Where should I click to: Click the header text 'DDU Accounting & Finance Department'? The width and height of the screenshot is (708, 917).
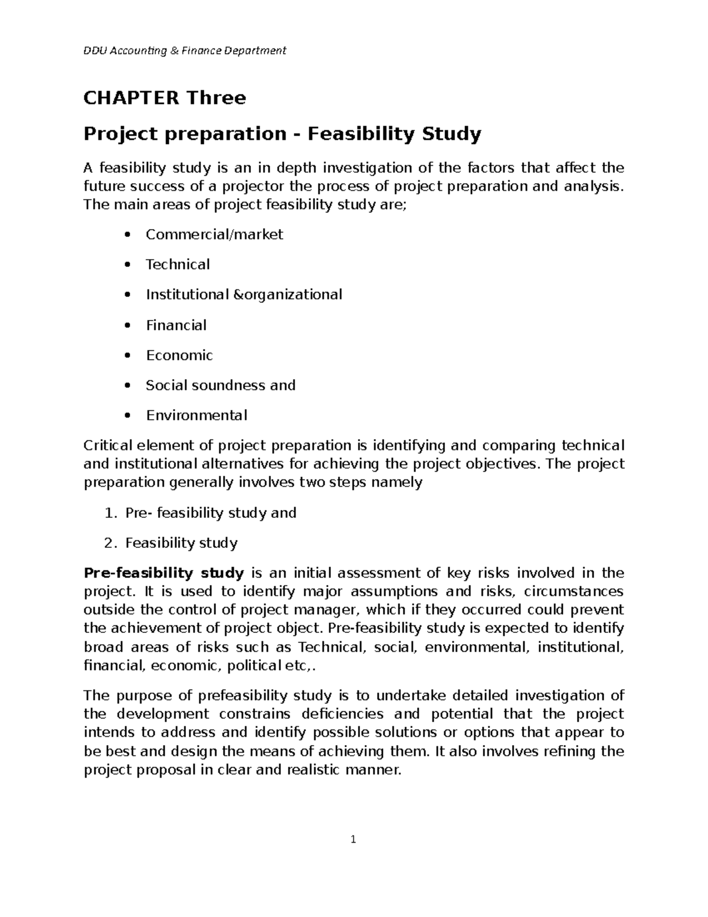[x=185, y=51]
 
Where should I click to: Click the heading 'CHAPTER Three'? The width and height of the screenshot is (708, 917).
[x=165, y=97]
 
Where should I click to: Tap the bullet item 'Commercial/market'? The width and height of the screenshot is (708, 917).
[x=214, y=234]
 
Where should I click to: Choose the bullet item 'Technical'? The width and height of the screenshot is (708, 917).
[x=178, y=265]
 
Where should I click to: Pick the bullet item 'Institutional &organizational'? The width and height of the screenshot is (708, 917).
[x=244, y=295]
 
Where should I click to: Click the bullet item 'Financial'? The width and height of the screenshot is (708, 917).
[x=176, y=325]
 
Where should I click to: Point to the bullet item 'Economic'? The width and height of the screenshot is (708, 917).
[x=179, y=355]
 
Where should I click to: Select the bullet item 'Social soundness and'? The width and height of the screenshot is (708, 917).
[x=221, y=386]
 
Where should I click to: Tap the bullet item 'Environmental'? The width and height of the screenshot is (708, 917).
[x=196, y=416]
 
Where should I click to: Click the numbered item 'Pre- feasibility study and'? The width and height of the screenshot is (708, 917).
[x=211, y=513]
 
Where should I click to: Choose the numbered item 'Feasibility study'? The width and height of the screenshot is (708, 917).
[x=181, y=543]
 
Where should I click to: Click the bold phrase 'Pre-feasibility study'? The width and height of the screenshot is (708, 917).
[x=164, y=573]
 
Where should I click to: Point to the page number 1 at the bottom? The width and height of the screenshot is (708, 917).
[x=353, y=839]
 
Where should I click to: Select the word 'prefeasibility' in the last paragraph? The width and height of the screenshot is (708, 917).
[x=243, y=696]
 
